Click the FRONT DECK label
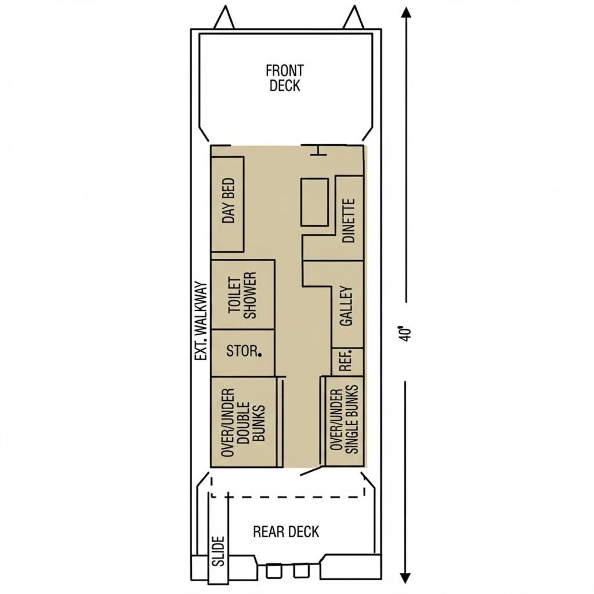284,78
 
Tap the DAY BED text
229,201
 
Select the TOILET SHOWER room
242,295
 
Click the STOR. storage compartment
242,353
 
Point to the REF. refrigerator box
347,362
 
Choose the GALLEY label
347,306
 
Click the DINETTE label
349,220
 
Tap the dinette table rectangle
314,202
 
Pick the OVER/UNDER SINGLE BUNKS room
345,421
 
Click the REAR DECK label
286,531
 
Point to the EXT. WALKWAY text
201,321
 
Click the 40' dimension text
405,334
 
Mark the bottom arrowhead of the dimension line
405,578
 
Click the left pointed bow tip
224,7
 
